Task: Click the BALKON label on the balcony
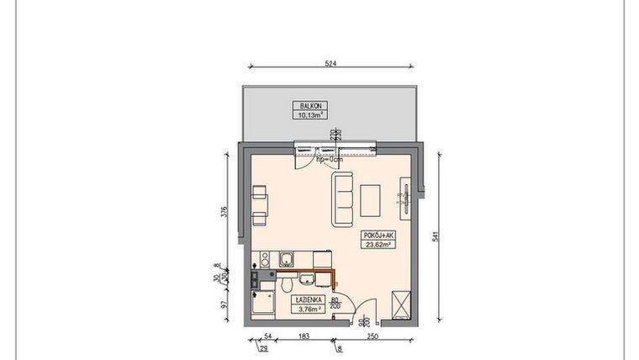click(x=308, y=106)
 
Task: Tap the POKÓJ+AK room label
click(x=378, y=236)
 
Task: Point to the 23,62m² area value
click(x=378, y=245)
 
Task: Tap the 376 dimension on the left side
click(x=224, y=212)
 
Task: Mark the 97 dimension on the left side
click(x=224, y=304)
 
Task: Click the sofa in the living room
click(x=343, y=199)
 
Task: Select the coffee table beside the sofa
click(x=370, y=199)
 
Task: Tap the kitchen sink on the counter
click(x=286, y=261)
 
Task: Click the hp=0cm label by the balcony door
click(x=330, y=159)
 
